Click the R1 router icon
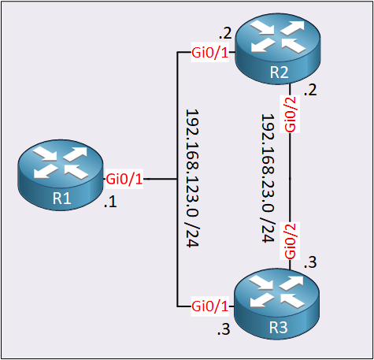pyautogui.click(x=61, y=175)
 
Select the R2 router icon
pyautogui.click(x=278, y=49)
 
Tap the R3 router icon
pyautogui.click(x=277, y=304)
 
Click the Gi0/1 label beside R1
pyautogui.click(x=124, y=179)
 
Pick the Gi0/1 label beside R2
pyautogui.click(x=210, y=53)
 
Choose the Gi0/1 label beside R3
pyautogui.click(x=210, y=306)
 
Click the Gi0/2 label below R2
pyautogui.click(x=290, y=114)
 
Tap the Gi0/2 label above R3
pyautogui.click(x=290, y=241)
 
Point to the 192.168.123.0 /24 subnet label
pyautogui.click(x=192, y=178)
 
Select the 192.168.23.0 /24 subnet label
pyautogui.click(x=268, y=178)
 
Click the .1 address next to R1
pyautogui.click(x=110, y=202)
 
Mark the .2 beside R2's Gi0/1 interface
pyautogui.click(x=225, y=33)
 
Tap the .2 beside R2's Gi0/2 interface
pyautogui.click(x=310, y=90)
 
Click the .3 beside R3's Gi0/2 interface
pyautogui.click(x=310, y=262)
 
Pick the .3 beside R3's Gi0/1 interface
pyautogui.click(x=224, y=329)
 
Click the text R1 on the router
pyautogui.click(x=61, y=199)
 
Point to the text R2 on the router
pyautogui.click(x=279, y=72)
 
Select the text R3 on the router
pyautogui.click(x=278, y=328)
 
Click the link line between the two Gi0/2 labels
pyautogui.click(x=290, y=178)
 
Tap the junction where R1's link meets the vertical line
pyautogui.click(x=177, y=179)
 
